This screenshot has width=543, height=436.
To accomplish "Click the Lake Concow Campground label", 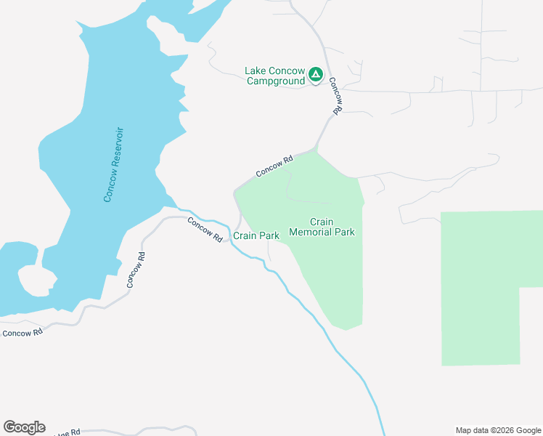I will click(x=275, y=76).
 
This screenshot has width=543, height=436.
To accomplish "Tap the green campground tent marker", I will click(x=316, y=74).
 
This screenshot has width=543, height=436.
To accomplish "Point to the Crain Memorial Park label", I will click(x=322, y=227).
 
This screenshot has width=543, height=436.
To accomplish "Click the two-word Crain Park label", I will click(x=256, y=236).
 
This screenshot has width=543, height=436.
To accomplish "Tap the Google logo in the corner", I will click(x=24, y=427).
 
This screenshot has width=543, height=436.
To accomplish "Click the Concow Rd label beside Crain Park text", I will click(x=205, y=230).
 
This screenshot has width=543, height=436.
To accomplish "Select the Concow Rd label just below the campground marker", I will click(x=335, y=96).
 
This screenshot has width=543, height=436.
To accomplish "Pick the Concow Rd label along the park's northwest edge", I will click(x=274, y=166).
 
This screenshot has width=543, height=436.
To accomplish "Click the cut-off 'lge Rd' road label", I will click(x=67, y=432).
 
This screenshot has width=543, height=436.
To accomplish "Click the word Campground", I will click(x=275, y=81).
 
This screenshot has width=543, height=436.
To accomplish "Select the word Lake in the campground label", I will click(x=256, y=70).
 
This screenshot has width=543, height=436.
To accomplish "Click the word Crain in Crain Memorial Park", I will click(x=322, y=222).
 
